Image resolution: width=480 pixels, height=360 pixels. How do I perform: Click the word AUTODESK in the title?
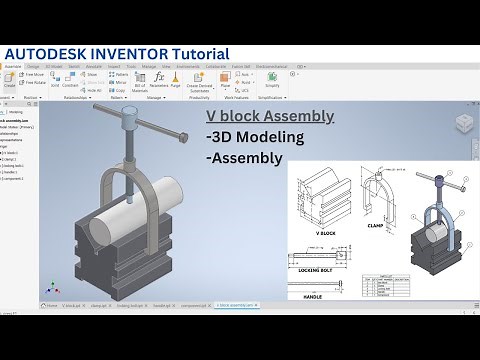tap(45, 52)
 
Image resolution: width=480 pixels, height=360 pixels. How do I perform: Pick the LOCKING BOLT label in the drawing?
tap(313, 271)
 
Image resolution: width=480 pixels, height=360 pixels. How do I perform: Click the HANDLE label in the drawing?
tap(314, 296)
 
